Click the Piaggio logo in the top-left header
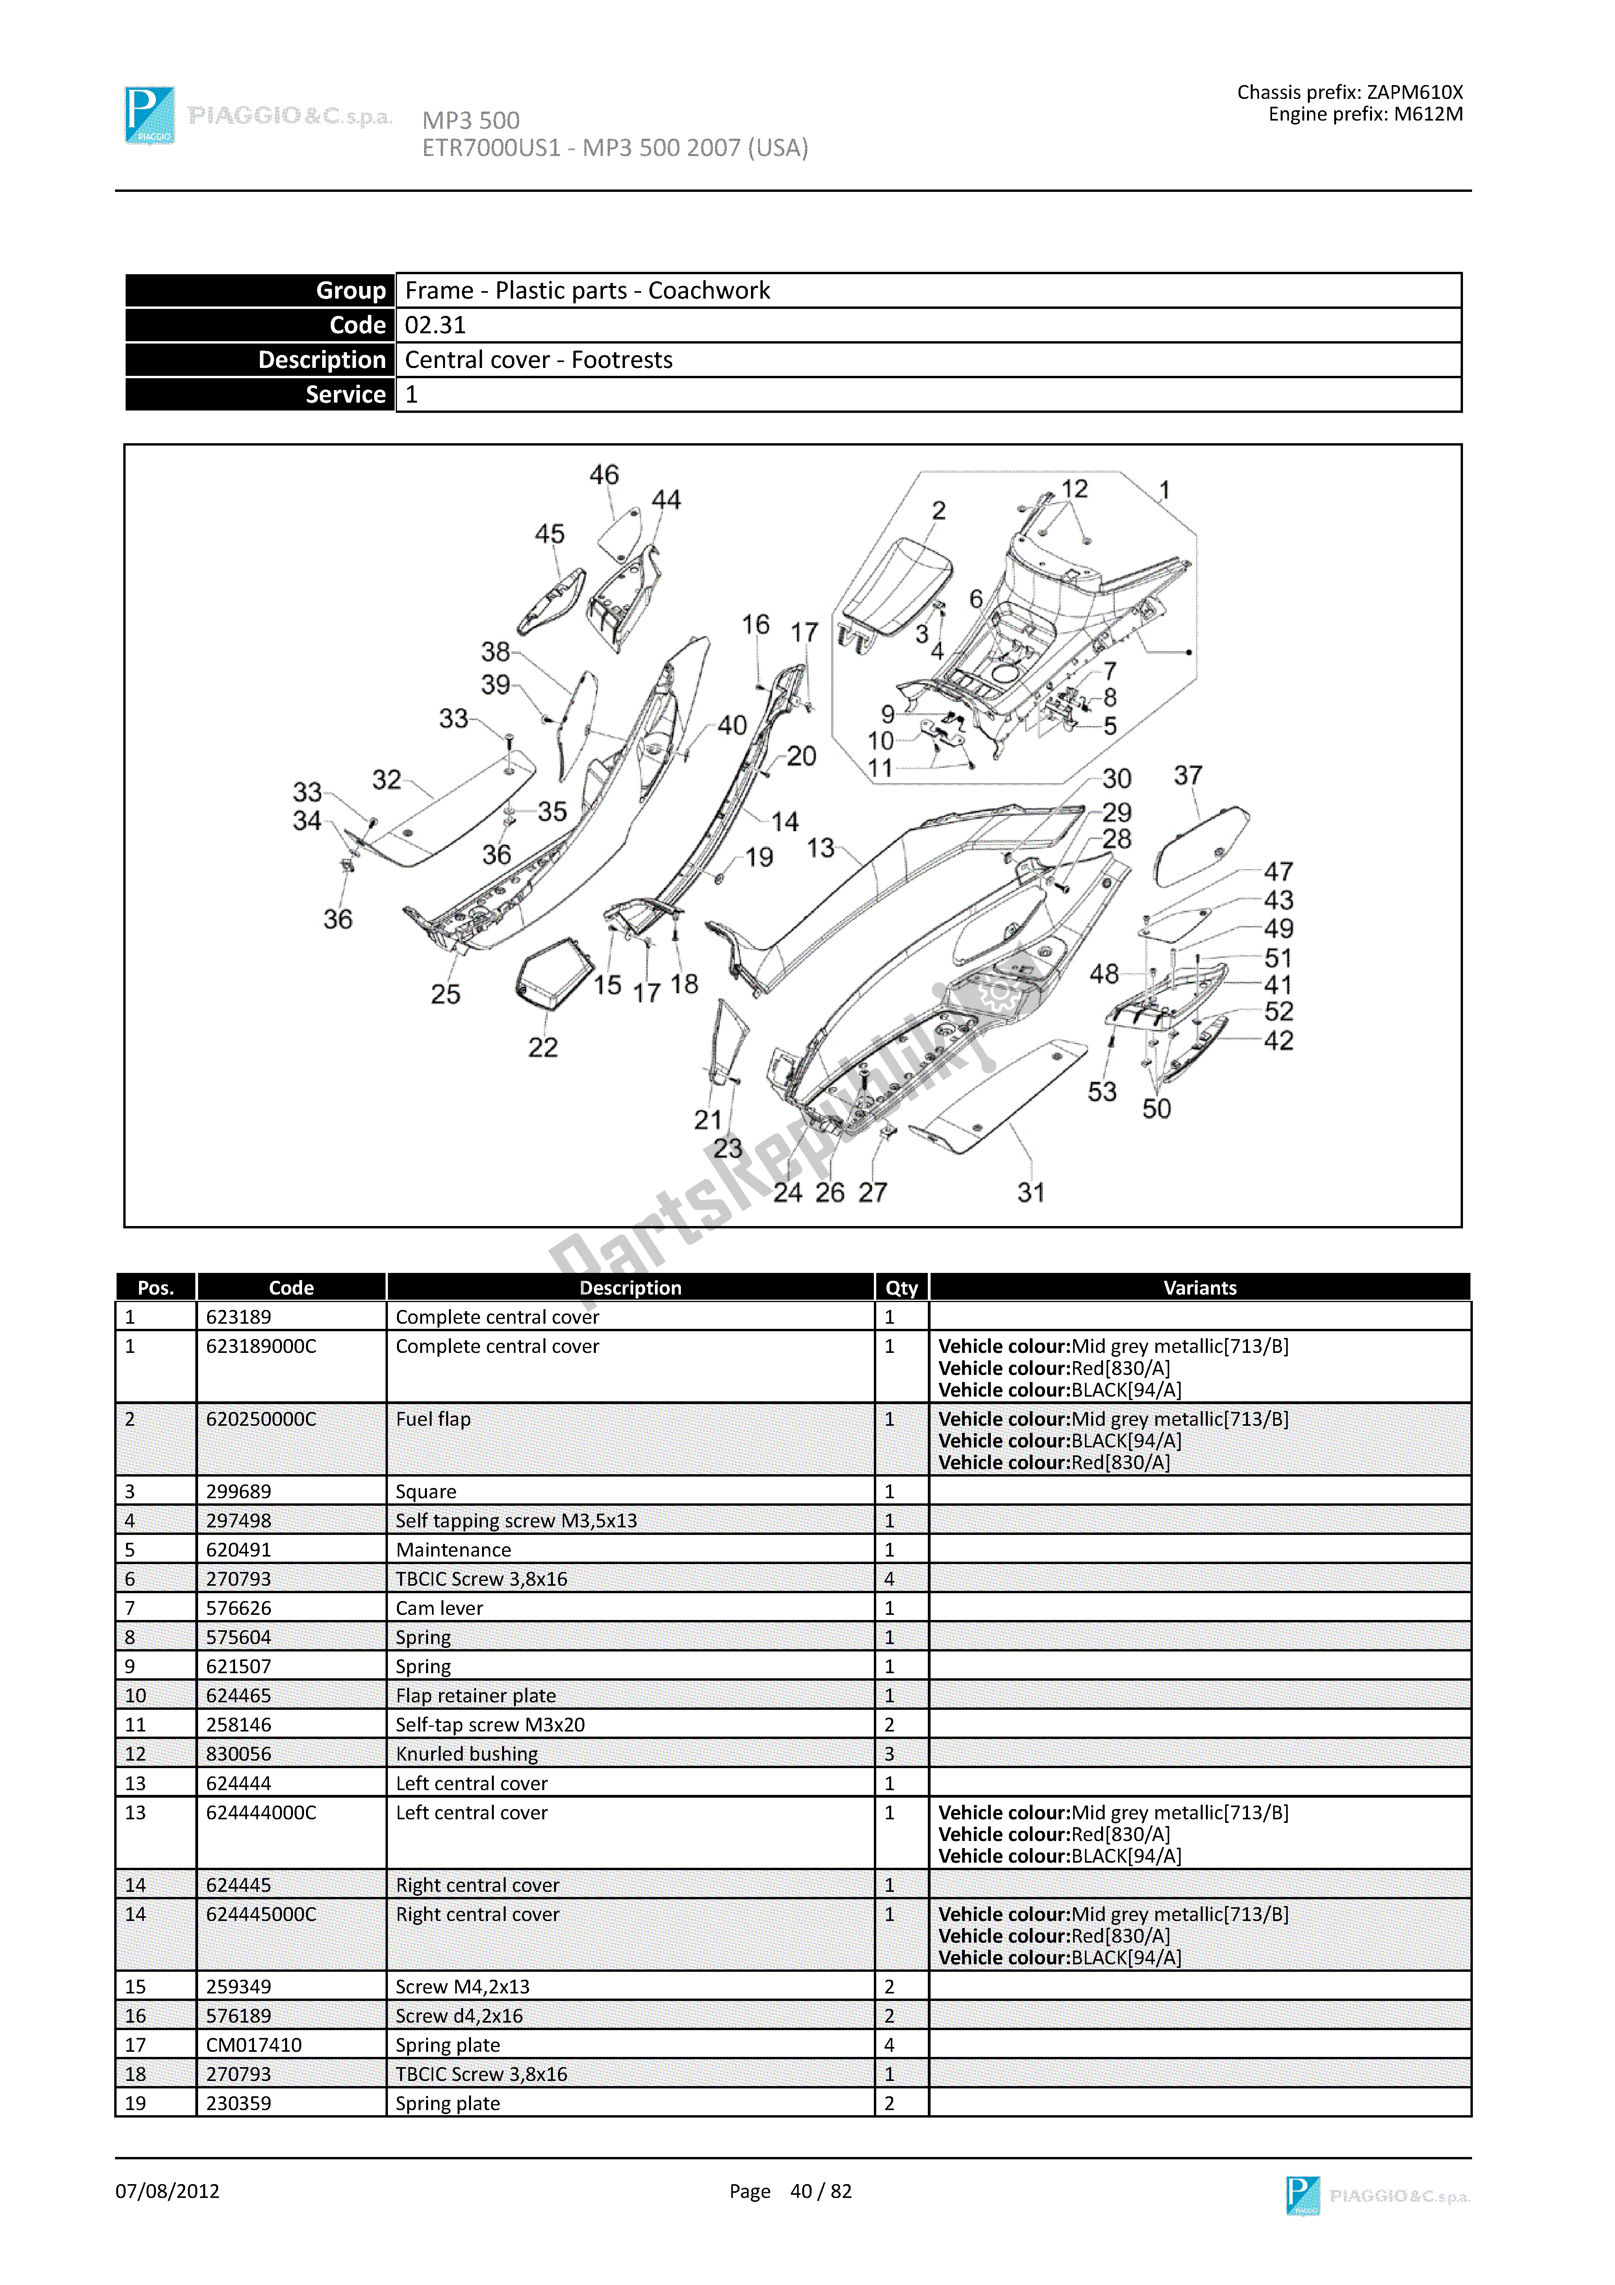(149, 115)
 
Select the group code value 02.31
(435, 325)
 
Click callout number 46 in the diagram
(604, 476)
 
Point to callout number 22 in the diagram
(542, 1047)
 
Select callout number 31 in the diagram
(1031, 1192)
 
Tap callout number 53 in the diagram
(1101, 1092)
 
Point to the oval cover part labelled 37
(1201, 846)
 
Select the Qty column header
(901, 1288)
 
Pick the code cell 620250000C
(261, 1419)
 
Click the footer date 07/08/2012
(167, 2192)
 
